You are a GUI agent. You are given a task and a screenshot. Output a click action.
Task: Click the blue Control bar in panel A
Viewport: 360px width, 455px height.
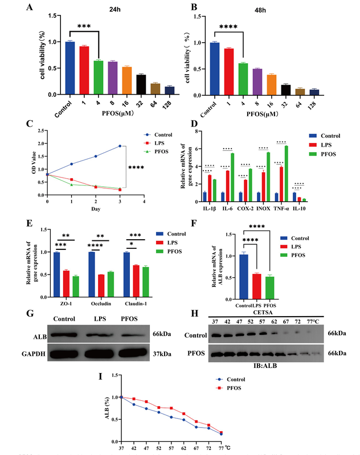point(69,68)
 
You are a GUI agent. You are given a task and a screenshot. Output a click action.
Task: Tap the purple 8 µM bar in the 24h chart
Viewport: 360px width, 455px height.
point(113,78)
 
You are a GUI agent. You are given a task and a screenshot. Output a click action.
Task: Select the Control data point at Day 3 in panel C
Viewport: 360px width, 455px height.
point(120,146)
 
